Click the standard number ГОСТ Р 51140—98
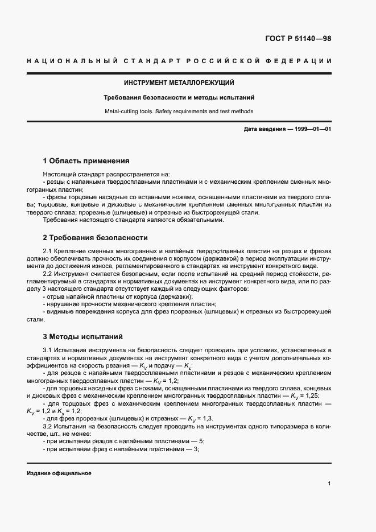click(x=298, y=39)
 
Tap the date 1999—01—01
click(x=312, y=130)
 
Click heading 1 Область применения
click(x=86, y=161)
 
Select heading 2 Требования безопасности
click(x=96, y=237)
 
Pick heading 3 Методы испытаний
click(x=83, y=336)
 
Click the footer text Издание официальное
click(x=59, y=473)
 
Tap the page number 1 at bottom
click(x=329, y=484)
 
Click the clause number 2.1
click(x=48, y=251)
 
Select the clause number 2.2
click(x=48, y=274)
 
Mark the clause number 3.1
click(x=48, y=350)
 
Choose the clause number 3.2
click(x=48, y=426)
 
